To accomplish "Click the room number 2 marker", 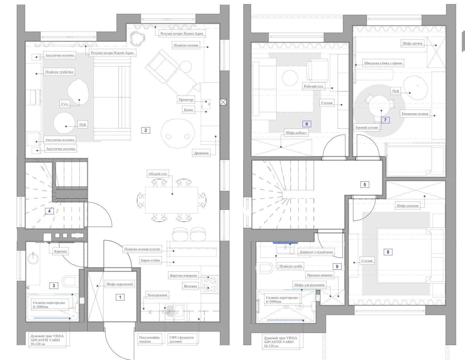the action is point(146,130).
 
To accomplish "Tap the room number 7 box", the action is point(385,120).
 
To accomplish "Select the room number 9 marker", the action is point(337,266).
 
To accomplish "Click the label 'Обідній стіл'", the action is point(158,174).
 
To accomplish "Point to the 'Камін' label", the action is point(189,110).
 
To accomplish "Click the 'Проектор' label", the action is point(186,100).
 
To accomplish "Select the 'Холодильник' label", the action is point(157,295).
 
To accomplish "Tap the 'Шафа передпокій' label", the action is point(120,284).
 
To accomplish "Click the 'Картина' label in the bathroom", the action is point(61,251).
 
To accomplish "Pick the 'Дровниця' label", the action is point(201,153).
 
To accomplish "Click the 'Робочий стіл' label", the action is point(314,86).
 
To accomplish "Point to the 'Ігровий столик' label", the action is point(367,127).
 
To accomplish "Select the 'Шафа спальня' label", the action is point(407,206).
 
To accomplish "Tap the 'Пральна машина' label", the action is point(320,275).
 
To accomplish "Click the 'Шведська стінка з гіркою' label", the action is point(383,63).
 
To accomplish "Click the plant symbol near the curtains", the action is point(137,39).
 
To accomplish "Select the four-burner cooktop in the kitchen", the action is point(210,284).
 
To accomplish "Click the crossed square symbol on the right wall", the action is point(223,102).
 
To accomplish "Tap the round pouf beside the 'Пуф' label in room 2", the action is point(64,123).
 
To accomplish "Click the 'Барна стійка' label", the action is point(150,260).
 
